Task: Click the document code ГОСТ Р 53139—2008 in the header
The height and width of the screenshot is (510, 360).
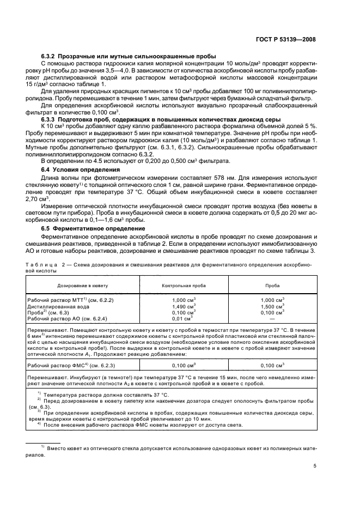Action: click(x=286, y=40)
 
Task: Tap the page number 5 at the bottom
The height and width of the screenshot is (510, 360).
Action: click(x=315, y=466)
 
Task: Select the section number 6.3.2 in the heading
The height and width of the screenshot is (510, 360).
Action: click(x=51, y=57)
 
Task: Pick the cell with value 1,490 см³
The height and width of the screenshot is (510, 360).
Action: click(x=183, y=307)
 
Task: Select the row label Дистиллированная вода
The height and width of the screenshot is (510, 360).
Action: click(x=56, y=307)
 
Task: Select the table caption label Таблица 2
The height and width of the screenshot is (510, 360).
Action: click(x=48, y=263)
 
